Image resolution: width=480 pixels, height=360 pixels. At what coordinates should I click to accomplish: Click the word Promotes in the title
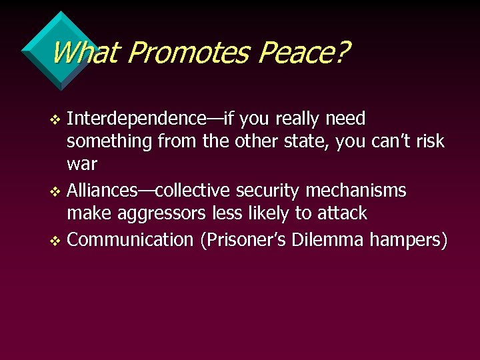[189, 53]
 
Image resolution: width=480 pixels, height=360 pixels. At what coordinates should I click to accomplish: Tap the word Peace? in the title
[303, 53]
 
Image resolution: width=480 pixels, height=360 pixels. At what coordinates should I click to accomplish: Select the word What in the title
[84, 53]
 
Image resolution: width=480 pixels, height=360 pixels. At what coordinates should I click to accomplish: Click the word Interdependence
[137, 119]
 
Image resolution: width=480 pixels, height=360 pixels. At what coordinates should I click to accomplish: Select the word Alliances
[101, 191]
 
